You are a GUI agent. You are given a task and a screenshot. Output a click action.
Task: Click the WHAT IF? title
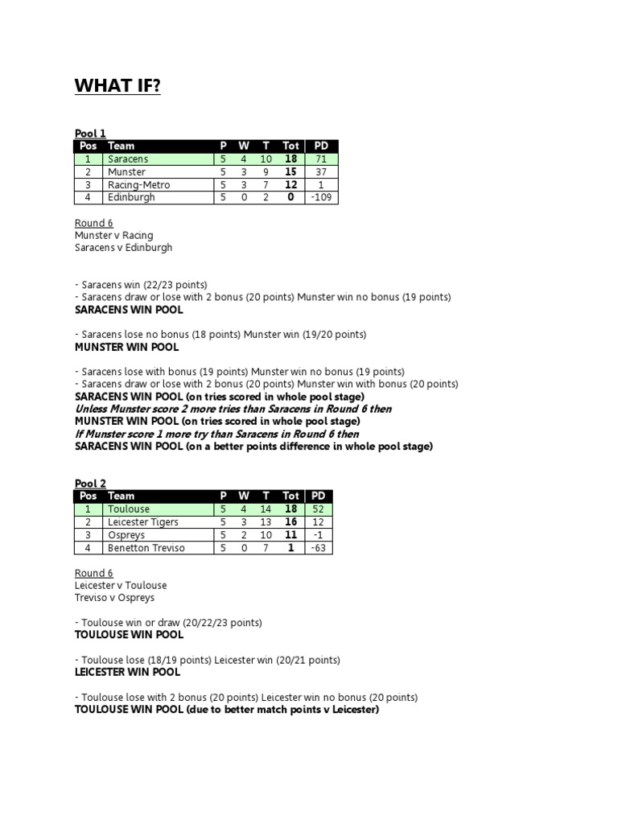coord(117,86)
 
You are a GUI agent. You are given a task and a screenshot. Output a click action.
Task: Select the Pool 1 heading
coord(90,134)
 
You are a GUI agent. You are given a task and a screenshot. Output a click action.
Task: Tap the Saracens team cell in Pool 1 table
coord(128,159)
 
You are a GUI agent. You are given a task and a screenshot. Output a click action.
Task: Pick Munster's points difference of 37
coord(321,172)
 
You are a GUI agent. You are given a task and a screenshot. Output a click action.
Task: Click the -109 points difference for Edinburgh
coord(321,198)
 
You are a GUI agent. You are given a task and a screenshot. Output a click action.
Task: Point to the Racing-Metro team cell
coord(139,185)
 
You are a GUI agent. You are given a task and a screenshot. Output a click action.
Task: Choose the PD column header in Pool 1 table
coord(321,146)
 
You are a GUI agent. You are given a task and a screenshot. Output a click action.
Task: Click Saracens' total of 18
coord(290,159)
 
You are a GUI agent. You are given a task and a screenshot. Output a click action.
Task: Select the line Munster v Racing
coord(113,236)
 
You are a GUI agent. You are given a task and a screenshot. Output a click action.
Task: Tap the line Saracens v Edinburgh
coord(123,248)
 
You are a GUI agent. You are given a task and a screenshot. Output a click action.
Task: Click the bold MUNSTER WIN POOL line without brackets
coord(126,348)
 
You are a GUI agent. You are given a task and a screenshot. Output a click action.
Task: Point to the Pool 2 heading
coord(90,484)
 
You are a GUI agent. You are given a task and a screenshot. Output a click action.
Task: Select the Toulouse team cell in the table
coord(129,509)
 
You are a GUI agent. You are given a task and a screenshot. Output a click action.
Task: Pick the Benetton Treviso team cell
coord(146,548)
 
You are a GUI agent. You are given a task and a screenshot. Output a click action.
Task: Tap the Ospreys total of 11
coord(290,535)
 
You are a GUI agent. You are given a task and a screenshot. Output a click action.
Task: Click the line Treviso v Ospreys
coord(114,598)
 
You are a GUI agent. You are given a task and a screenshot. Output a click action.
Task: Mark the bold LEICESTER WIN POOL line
coord(127,672)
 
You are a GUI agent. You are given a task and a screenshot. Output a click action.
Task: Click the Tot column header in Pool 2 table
coord(290,496)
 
